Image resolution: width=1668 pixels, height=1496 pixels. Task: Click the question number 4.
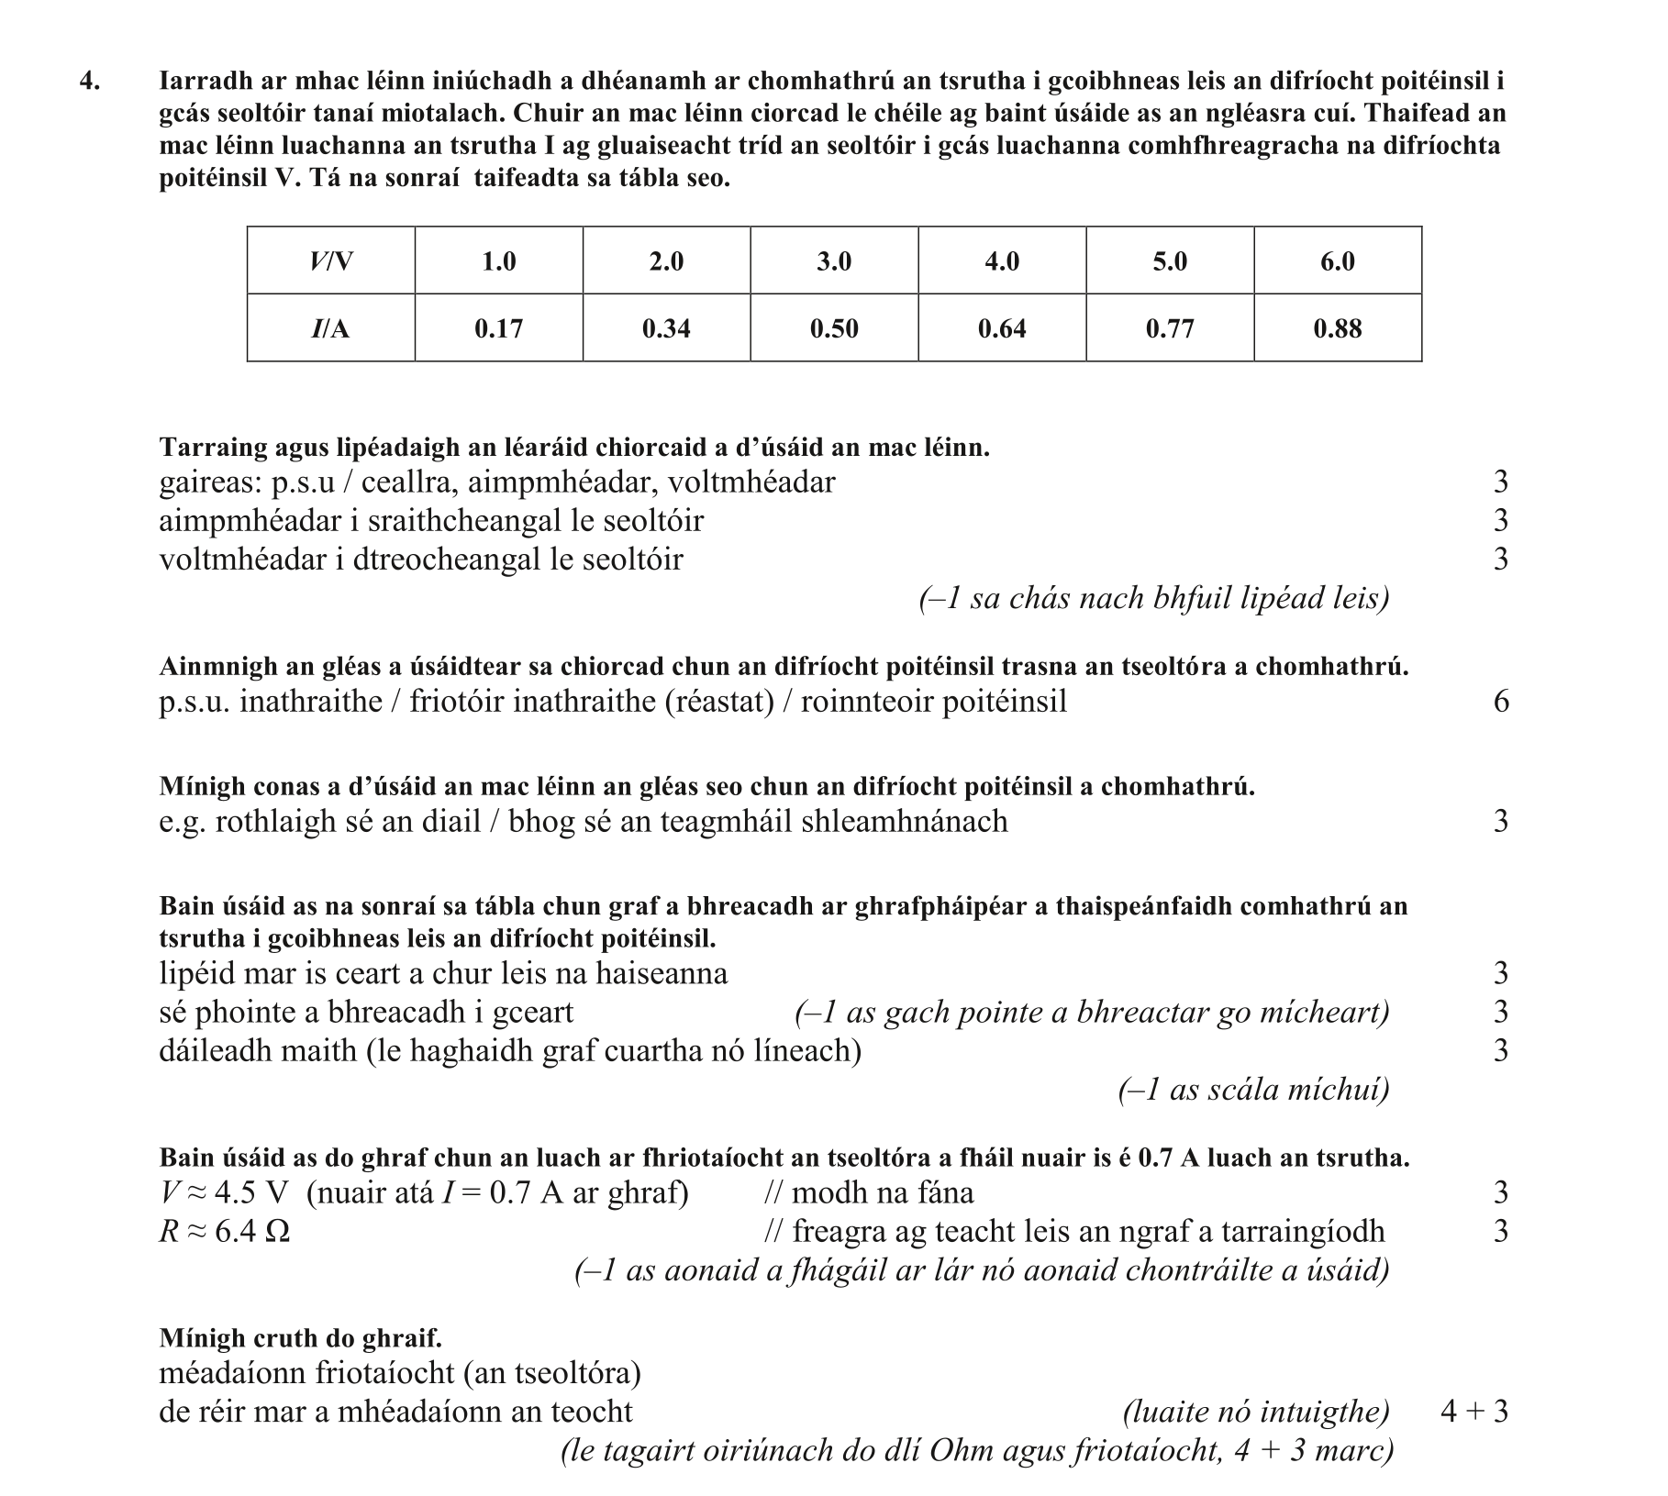(89, 82)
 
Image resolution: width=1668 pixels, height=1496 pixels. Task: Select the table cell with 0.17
(498, 328)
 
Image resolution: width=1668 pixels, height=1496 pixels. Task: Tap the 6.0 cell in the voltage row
(1337, 261)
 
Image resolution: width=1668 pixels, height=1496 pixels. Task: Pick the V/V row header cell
(330, 261)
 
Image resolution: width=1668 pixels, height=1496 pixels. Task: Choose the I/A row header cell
(330, 328)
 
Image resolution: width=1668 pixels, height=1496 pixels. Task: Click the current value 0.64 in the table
(1002, 328)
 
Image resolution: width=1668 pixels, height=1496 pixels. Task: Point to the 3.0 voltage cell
(834, 261)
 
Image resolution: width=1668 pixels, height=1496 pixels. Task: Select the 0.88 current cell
(1337, 328)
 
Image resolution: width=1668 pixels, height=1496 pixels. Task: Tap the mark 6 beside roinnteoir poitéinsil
(1501, 702)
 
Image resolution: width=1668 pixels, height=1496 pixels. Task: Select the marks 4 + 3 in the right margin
(1473, 1412)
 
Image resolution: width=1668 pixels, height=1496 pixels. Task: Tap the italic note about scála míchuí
(1253, 1090)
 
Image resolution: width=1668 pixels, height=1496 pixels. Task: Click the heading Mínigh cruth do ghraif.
(300, 1338)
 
